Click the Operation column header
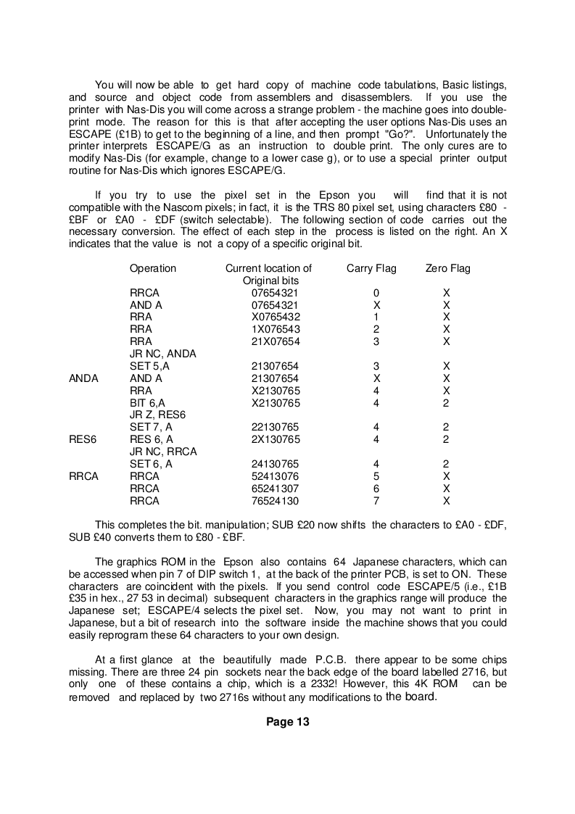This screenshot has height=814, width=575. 152,268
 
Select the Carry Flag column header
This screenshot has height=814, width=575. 371,268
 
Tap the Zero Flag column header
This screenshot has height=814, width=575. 447,268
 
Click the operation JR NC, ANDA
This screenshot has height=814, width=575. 163,354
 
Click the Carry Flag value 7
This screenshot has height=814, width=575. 376,500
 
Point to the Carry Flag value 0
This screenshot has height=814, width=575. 376,293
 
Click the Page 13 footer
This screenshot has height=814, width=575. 287,721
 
